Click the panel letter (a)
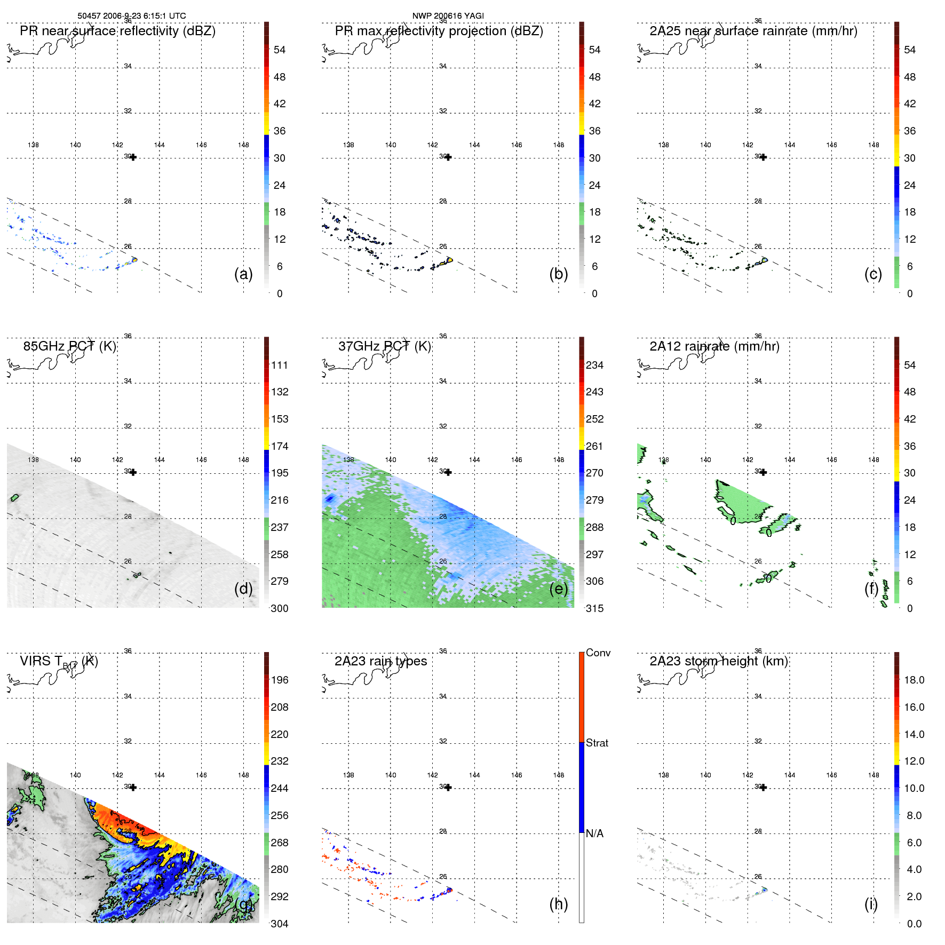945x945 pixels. pos(243,274)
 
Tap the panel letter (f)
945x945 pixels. pos(871,589)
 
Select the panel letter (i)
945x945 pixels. pos(871,904)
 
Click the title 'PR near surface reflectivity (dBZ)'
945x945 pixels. pos(117,31)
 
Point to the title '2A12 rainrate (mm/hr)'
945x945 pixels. pos(714,346)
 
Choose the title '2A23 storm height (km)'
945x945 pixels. pos(718,661)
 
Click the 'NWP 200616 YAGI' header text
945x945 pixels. pos(448,16)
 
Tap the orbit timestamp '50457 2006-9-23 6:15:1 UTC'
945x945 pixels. pos(132,16)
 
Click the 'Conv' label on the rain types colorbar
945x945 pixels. pos(598,653)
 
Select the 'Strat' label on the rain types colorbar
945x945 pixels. pos(597,743)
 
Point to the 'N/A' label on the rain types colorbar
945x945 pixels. pos(594,833)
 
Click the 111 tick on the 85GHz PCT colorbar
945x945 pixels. pos(280,365)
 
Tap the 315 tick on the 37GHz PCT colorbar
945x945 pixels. pos(594,608)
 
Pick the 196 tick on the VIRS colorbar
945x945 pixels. pos(280,680)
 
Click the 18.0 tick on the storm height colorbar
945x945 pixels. pos(914,680)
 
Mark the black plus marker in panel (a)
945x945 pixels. pos(133,157)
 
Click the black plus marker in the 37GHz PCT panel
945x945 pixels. pos(448,472)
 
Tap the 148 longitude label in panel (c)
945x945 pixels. pos(873,145)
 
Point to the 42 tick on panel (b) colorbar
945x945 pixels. pos(594,104)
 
